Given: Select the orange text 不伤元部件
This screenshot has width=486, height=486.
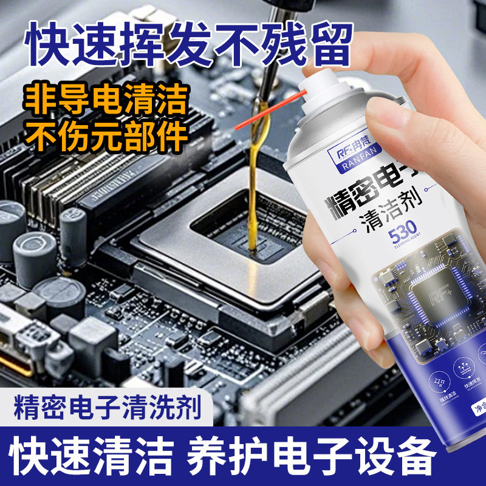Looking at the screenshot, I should tap(106, 137).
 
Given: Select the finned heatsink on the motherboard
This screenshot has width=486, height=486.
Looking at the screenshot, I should tap(55, 176).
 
